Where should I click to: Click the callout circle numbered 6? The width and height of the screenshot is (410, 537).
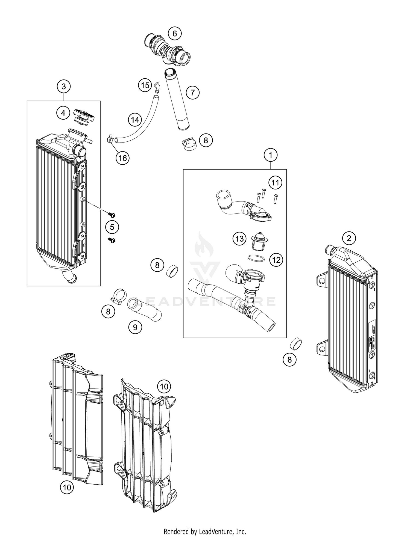click(175, 34)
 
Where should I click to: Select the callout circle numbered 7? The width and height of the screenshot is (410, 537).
click(193, 93)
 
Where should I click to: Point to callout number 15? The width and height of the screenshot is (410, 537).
click(145, 85)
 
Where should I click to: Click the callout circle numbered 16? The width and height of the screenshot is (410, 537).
click(122, 158)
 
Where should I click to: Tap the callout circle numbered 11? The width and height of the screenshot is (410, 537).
click(275, 182)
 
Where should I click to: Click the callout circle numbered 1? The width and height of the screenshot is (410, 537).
click(271, 155)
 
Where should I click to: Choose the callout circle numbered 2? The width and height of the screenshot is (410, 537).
click(349, 238)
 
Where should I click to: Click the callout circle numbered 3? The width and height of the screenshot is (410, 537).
click(64, 87)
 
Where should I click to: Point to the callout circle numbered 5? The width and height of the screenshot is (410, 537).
click(112, 227)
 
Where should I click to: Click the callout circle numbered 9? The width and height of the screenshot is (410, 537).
click(135, 327)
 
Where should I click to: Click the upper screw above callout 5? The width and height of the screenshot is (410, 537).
click(112, 215)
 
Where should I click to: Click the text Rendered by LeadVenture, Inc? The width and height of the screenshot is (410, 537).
click(205, 532)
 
